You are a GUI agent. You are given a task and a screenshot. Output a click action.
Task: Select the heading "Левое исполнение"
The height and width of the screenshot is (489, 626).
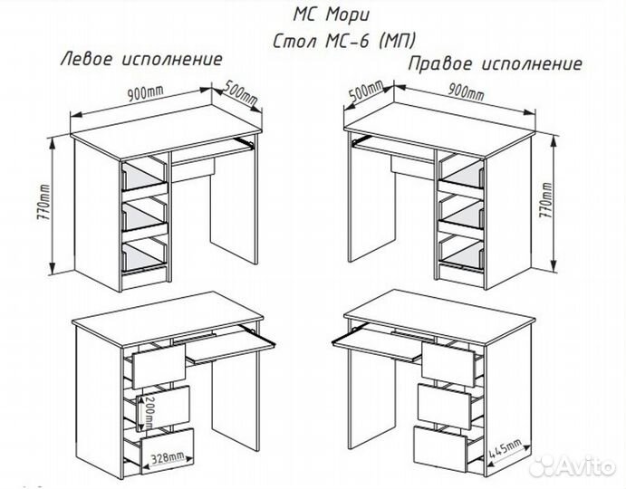141,60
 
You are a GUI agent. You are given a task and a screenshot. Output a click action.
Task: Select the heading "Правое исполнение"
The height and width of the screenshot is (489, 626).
495,65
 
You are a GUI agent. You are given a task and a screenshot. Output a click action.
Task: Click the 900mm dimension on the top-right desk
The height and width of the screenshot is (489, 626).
468,94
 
